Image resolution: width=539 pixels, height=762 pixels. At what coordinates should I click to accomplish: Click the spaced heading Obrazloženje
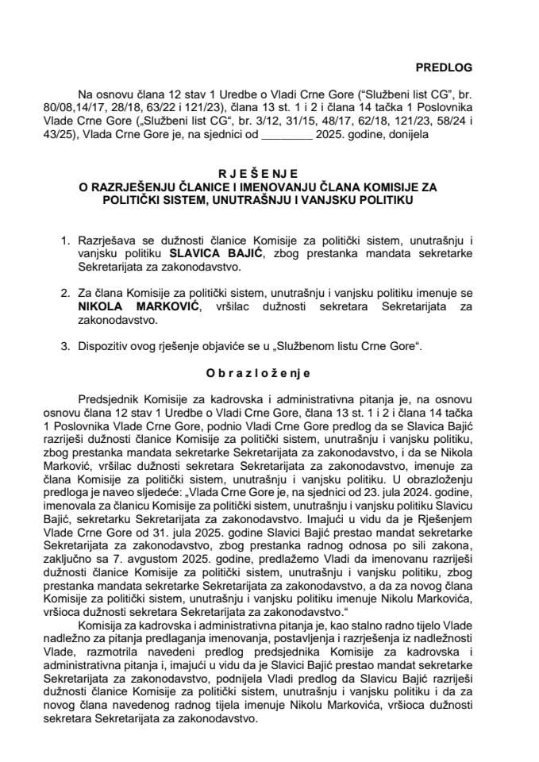(270, 372)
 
